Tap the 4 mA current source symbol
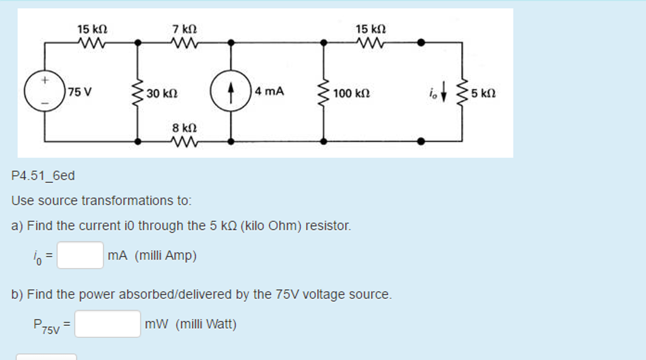(231, 92)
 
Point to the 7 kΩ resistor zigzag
(185, 44)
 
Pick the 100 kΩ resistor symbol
(324, 93)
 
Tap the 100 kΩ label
(351, 94)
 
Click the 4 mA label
(270, 91)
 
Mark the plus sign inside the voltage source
(44, 81)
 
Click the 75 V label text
(80, 92)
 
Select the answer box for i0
(80, 255)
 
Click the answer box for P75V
(107, 324)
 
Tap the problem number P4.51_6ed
(43, 176)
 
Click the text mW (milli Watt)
(191, 324)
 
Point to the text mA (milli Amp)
(152, 255)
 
